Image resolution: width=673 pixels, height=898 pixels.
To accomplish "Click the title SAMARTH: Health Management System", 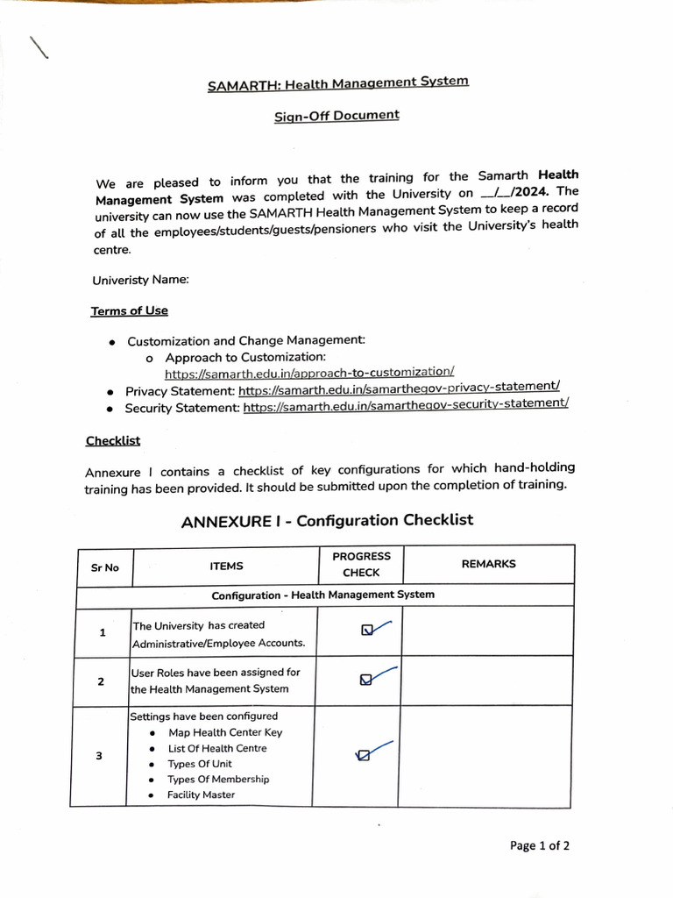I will pos(337,83).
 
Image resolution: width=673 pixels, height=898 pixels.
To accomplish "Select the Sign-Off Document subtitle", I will pos(336,116).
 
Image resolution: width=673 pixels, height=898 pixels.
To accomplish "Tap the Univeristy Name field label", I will pos(140,281).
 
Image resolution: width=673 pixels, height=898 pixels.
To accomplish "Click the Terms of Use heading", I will pos(129,311).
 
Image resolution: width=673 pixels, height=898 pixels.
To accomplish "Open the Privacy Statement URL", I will pos(399,388).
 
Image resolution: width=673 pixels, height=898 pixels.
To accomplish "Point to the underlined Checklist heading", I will pos(112,441).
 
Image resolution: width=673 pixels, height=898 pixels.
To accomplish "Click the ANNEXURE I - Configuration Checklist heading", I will pos(327,521).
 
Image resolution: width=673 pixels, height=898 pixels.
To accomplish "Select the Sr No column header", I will pos(104,567).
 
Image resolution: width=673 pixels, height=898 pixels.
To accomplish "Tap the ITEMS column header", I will pos(226,567).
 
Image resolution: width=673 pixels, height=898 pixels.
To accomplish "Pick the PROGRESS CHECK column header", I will pos(361,564).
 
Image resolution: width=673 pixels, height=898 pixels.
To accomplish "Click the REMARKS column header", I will pos(488,564).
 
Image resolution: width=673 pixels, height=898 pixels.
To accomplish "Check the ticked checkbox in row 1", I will pos(367,629).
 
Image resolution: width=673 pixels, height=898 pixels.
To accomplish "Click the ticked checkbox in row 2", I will pos(365,680).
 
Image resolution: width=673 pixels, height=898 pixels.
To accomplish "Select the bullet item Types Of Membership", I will pos(218,780).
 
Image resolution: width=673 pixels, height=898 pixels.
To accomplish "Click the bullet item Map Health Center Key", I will pos(225,732).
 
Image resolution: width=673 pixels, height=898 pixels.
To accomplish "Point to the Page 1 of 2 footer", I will pos(540,846).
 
